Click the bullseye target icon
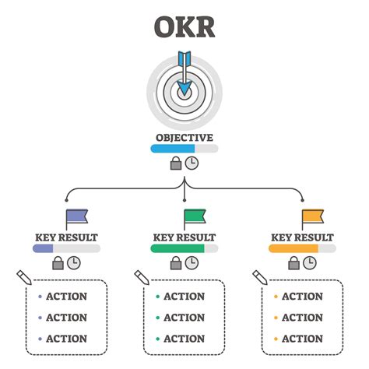click(184, 92)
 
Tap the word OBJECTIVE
click(184, 137)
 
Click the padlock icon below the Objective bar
click(176, 163)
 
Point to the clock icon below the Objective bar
click(192, 163)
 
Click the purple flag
click(76, 218)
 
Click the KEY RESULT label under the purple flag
click(67, 237)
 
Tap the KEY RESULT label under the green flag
click(184, 237)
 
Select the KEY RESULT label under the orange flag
click(303, 237)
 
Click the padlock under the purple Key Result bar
click(58, 263)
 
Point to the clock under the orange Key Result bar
click(310, 263)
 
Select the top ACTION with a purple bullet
click(66, 297)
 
